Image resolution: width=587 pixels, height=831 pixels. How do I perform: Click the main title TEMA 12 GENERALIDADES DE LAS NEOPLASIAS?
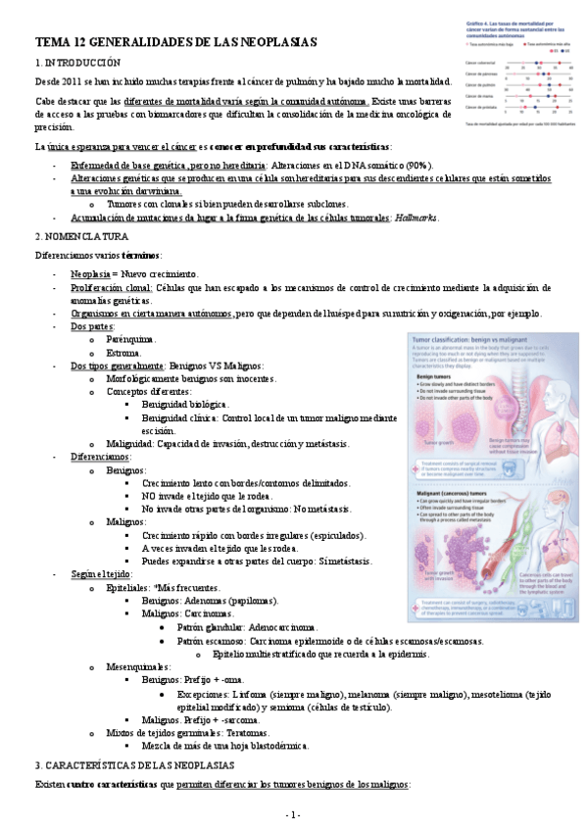tap(175, 44)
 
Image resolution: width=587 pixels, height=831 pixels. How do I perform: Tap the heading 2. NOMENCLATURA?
tap(81, 237)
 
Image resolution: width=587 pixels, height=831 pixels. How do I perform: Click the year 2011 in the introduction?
tap(82, 81)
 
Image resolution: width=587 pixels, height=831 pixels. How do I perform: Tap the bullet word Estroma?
tap(123, 351)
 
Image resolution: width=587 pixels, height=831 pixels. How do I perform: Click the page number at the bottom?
tap(293, 814)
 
